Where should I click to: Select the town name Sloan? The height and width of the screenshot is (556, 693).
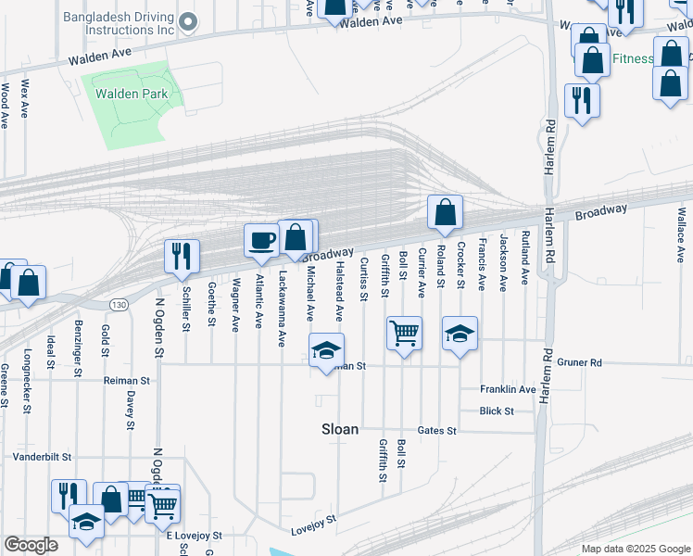tap(339, 429)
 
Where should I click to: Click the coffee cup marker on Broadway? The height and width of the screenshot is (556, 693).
tap(261, 240)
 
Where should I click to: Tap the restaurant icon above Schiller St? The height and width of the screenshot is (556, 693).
tap(182, 255)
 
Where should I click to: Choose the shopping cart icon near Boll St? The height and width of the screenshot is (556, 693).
tap(405, 333)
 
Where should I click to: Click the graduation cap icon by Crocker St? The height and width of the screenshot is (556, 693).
tap(460, 333)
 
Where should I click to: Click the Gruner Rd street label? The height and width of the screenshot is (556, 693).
tap(580, 362)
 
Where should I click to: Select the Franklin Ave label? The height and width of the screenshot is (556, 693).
tap(508, 390)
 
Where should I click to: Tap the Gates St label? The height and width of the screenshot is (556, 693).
tap(437, 431)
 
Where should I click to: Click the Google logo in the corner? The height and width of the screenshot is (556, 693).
tap(31, 546)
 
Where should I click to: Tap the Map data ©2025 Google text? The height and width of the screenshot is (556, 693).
tap(635, 549)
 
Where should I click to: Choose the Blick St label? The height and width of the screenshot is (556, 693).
tap(497, 411)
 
